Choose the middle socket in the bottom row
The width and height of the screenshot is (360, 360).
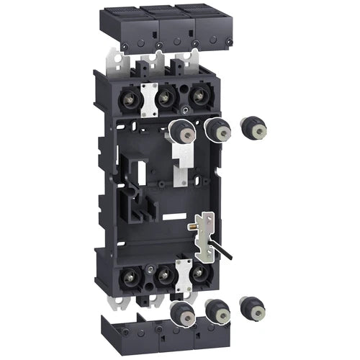click(x=165, y=276)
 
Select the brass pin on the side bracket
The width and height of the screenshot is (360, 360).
click(x=192, y=226)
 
